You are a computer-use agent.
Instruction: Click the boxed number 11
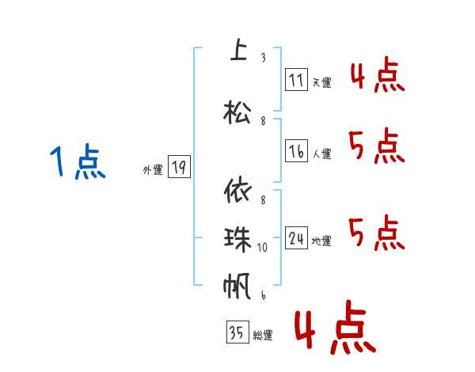click(296, 80)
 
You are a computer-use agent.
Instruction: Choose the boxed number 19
click(179, 167)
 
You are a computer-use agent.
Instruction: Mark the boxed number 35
click(237, 333)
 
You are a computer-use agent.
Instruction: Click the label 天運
click(321, 82)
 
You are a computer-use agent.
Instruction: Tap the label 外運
click(153, 169)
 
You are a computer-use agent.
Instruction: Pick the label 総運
click(263, 336)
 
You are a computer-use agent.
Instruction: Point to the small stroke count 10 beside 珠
click(263, 247)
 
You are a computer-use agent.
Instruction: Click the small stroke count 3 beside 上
click(263, 58)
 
